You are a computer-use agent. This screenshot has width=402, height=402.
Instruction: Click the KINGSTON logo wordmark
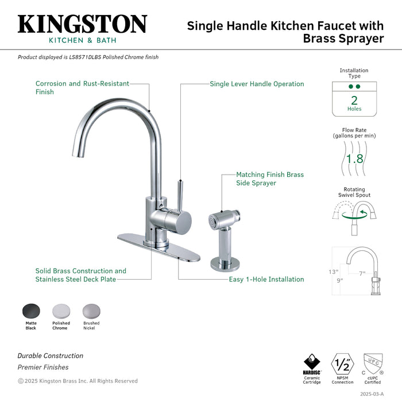(82, 24)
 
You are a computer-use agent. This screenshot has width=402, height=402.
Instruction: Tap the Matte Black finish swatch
(31, 312)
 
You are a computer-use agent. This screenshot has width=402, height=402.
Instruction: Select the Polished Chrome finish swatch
(61, 312)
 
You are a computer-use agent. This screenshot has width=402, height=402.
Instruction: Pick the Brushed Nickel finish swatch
(91, 312)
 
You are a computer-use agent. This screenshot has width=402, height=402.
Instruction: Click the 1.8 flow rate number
(354, 159)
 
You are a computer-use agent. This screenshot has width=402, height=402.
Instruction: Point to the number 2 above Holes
(354, 100)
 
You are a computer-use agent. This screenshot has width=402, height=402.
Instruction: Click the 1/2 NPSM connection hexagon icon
(342, 364)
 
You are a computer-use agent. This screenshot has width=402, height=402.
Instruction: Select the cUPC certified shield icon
(373, 364)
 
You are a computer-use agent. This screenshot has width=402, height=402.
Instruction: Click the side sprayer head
(224, 218)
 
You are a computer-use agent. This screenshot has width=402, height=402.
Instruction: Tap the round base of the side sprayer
(225, 264)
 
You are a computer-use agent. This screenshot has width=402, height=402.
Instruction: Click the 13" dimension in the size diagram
(333, 272)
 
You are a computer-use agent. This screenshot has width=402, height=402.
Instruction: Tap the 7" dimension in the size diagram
(362, 273)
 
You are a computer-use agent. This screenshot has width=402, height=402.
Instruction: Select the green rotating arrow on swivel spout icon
(355, 215)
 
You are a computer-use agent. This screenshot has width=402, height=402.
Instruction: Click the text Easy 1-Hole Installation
(266, 279)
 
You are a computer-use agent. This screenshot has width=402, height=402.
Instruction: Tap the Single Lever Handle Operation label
(257, 84)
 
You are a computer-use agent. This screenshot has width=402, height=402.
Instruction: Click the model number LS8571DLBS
(85, 57)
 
